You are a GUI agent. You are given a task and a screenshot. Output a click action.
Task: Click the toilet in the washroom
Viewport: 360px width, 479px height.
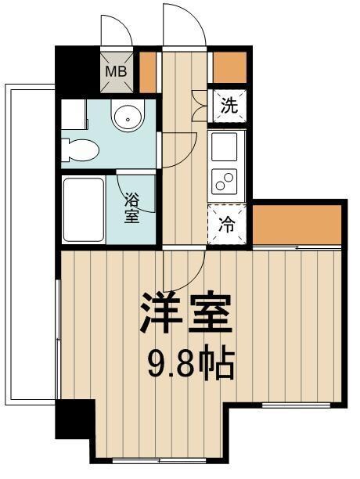click(x=80, y=147)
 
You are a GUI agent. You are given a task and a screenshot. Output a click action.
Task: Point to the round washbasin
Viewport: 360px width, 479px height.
click(x=127, y=117)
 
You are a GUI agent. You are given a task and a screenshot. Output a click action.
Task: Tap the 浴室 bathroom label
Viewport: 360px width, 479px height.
click(x=131, y=207)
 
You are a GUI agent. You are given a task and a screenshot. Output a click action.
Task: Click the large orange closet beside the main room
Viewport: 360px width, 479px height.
click(x=298, y=223)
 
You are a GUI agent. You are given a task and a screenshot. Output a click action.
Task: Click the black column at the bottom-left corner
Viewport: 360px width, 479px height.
click(x=73, y=420)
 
